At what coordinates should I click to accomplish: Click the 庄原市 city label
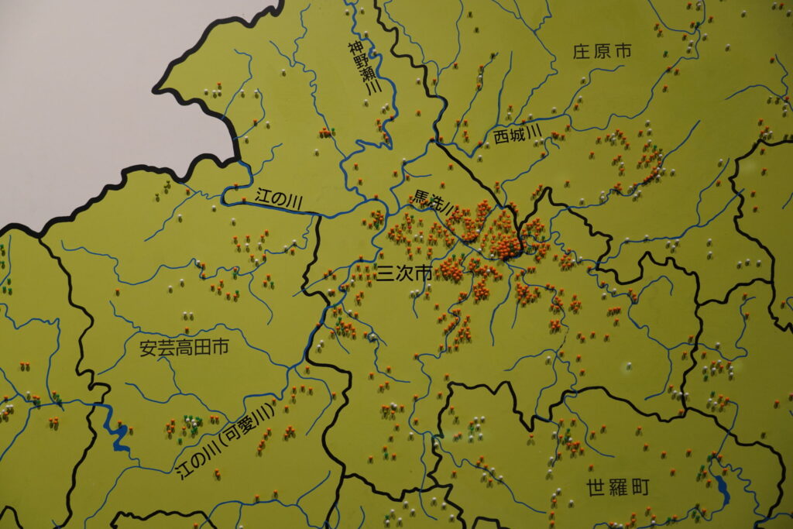click(602, 52)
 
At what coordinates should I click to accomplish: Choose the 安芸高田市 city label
click(184, 349)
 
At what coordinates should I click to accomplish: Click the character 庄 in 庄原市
click(582, 52)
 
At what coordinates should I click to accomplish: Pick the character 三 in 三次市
click(384, 273)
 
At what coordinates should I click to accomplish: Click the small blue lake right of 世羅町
click(722, 487)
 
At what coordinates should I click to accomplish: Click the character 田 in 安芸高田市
click(203, 349)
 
